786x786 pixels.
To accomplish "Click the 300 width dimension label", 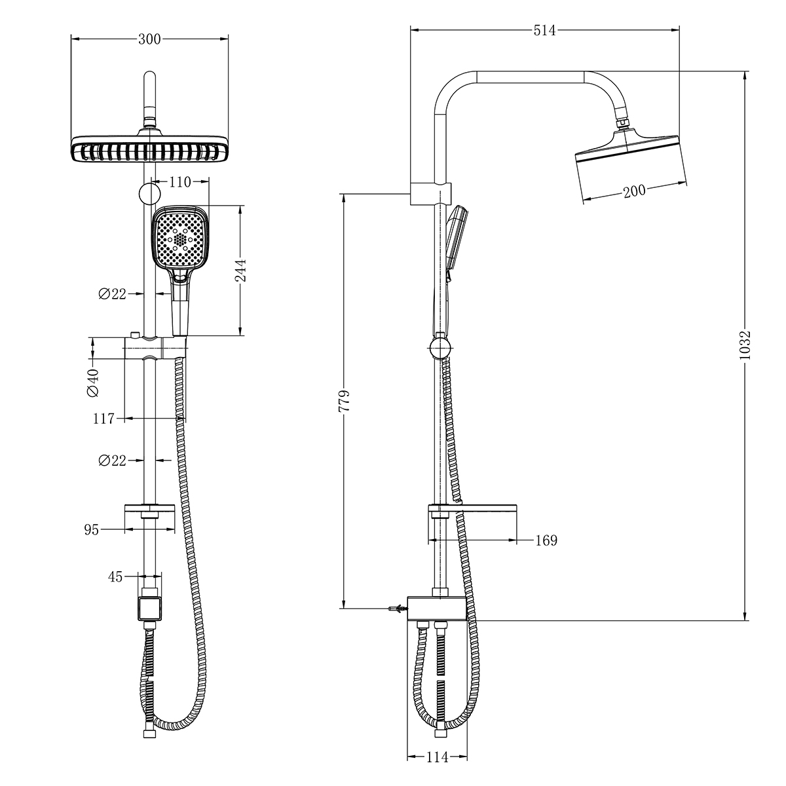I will point(150,39).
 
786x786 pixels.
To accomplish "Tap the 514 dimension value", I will point(544,30).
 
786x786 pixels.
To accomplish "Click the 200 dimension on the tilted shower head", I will point(634,191).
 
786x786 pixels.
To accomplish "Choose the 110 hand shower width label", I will point(179,182).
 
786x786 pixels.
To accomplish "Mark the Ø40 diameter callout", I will point(92,383).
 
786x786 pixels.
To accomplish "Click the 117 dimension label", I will point(103,419).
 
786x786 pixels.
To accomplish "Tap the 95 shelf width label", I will point(91,530).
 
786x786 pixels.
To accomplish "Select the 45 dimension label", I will point(115,576).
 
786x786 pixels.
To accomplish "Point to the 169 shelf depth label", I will point(546,540).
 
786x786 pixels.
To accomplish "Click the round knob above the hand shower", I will point(149,194).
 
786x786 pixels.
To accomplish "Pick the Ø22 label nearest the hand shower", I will point(112,294).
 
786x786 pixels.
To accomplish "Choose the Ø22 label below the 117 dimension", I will point(112,461).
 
